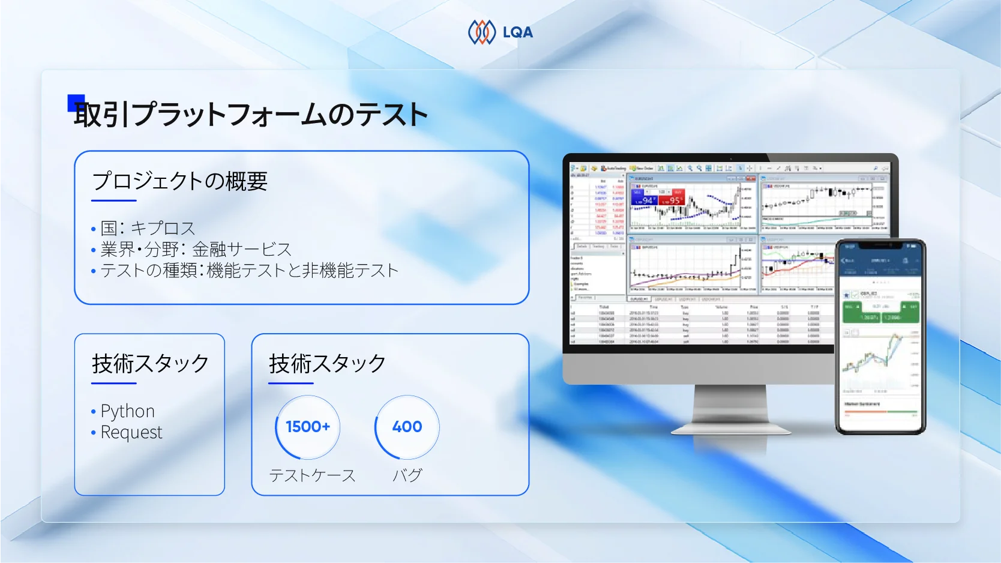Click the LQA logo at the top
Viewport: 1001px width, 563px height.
click(x=500, y=32)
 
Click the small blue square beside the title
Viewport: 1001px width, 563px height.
click(x=76, y=103)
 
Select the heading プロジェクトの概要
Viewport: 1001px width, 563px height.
click(x=179, y=181)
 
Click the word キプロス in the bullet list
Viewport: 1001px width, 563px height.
click(x=163, y=229)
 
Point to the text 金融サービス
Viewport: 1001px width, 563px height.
click(x=241, y=250)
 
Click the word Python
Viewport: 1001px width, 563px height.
click(x=127, y=411)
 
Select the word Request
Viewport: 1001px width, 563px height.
click(x=131, y=432)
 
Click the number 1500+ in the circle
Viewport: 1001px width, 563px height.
click(x=308, y=427)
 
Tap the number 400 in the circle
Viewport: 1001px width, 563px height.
click(x=407, y=427)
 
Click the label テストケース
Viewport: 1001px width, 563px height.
click(x=312, y=476)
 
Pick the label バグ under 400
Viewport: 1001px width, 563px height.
click(x=407, y=476)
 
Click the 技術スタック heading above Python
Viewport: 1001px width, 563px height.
click(x=150, y=364)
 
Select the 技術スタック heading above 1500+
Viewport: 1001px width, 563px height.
click(x=327, y=364)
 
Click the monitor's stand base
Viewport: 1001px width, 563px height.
click(x=731, y=429)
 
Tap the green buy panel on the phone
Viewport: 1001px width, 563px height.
click(x=880, y=312)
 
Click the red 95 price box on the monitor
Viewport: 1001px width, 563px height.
click(x=672, y=199)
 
